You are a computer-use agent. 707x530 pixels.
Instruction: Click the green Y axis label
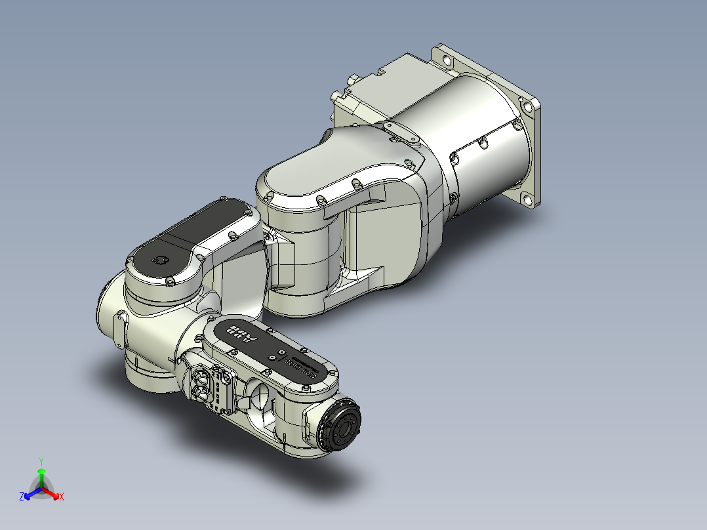pos(41,461)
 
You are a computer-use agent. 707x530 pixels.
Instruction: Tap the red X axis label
pos(62,497)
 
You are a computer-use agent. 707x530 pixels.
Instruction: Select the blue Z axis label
pos(22,497)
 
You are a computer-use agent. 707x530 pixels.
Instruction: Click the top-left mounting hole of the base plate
pos(448,61)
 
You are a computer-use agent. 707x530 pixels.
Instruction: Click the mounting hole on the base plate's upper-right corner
pos(527,107)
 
